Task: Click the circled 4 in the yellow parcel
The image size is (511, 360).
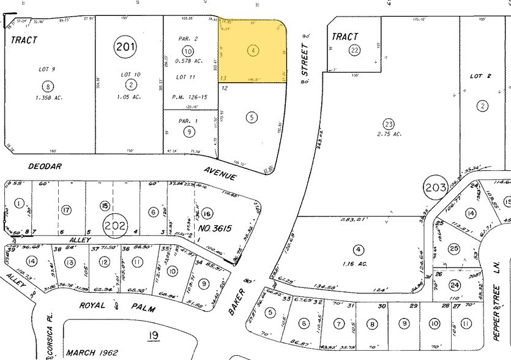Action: (253, 51)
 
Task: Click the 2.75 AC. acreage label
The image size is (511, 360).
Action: (389, 133)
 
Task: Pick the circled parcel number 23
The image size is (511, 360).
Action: (388, 123)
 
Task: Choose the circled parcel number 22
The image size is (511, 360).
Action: (354, 50)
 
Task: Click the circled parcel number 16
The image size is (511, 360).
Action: (207, 212)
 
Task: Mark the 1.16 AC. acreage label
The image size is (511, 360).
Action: (358, 260)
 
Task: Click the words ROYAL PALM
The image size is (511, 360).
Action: (119, 306)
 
